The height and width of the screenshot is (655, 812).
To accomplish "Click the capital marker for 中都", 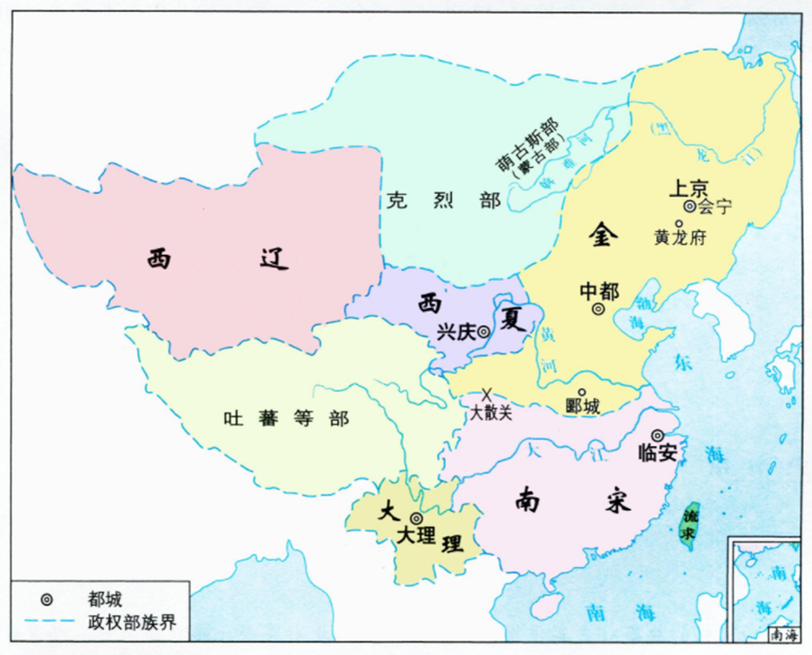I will [x=598, y=309].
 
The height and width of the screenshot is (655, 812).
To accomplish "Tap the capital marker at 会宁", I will [x=689, y=205].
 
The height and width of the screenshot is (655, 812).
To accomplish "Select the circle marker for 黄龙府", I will [x=678, y=224].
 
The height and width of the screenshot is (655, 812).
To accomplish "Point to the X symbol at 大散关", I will [x=486, y=393].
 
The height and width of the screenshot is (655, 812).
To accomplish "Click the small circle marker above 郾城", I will [x=582, y=391].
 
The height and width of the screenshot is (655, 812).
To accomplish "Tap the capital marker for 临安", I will [x=657, y=434].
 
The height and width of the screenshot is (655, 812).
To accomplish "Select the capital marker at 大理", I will [x=416, y=518].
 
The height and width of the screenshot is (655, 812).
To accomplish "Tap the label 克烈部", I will [x=431, y=201].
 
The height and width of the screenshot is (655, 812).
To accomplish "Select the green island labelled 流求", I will [x=690, y=522].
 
